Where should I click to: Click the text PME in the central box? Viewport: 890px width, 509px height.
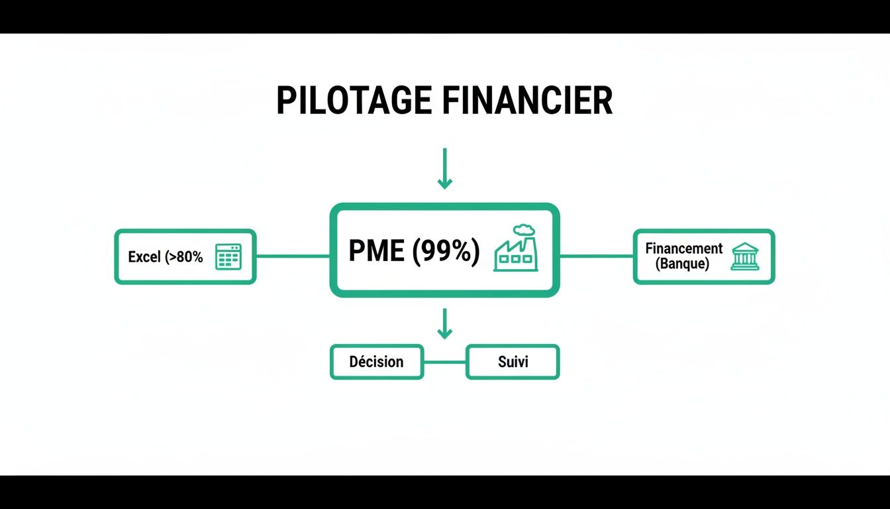[x=375, y=251]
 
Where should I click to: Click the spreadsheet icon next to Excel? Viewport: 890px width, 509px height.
[x=228, y=256]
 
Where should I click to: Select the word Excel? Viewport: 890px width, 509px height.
[x=144, y=257]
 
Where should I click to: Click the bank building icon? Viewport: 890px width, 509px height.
[x=745, y=256]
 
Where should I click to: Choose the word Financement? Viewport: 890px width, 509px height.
[x=684, y=249]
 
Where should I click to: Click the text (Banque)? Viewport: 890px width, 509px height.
[x=682, y=264]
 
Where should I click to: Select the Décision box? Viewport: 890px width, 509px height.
[x=376, y=362]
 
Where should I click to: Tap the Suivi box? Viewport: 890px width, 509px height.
[x=513, y=362]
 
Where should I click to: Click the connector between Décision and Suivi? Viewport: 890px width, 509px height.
[x=444, y=362]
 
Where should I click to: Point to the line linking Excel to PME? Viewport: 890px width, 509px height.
[x=293, y=256]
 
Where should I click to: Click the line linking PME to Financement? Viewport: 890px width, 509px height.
[x=596, y=256]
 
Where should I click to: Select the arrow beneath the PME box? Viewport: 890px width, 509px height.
[x=445, y=323]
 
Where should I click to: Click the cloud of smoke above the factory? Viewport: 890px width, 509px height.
[x=523, y=229]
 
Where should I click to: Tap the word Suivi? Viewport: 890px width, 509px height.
[x=513, y=362]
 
